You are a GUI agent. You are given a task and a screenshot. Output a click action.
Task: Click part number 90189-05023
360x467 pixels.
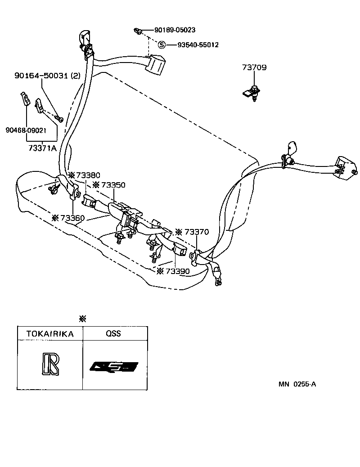[x=175, y=30]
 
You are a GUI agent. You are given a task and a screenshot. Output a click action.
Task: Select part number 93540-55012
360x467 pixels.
[x=198, y=45]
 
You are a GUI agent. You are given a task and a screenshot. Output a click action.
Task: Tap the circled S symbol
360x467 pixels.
[x=162, y=45]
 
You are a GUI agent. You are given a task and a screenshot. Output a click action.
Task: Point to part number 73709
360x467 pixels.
[x=254, y=68]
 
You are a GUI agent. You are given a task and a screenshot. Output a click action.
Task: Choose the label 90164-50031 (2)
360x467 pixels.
[x=47, y=76]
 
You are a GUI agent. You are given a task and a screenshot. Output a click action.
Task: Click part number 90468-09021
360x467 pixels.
[x=26, y=130]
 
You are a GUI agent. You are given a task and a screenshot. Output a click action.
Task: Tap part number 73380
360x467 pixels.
[x=88, y=175]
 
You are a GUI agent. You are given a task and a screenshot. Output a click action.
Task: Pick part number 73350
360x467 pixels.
[x=113, y=185]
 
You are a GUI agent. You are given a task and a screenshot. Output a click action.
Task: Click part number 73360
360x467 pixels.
[x=72, y=218]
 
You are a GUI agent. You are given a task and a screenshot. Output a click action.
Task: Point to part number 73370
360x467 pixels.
[x=197, y=232]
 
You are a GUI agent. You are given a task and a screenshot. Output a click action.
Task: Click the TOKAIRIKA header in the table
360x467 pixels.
[x=49, y=333]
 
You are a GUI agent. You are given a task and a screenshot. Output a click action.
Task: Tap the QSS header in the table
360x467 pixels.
[x=113, y=333]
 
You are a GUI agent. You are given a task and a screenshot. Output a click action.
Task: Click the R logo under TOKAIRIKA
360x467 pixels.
[x=49, y=364]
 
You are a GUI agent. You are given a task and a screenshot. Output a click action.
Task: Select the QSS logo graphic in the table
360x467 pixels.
[x=113, y=367]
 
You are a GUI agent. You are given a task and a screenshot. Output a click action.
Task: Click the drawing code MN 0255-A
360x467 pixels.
[x=297, y=384]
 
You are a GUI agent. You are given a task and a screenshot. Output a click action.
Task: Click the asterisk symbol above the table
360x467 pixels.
[x=82, y=319]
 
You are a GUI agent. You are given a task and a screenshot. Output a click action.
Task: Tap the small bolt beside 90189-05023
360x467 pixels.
[x=138, y=31]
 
